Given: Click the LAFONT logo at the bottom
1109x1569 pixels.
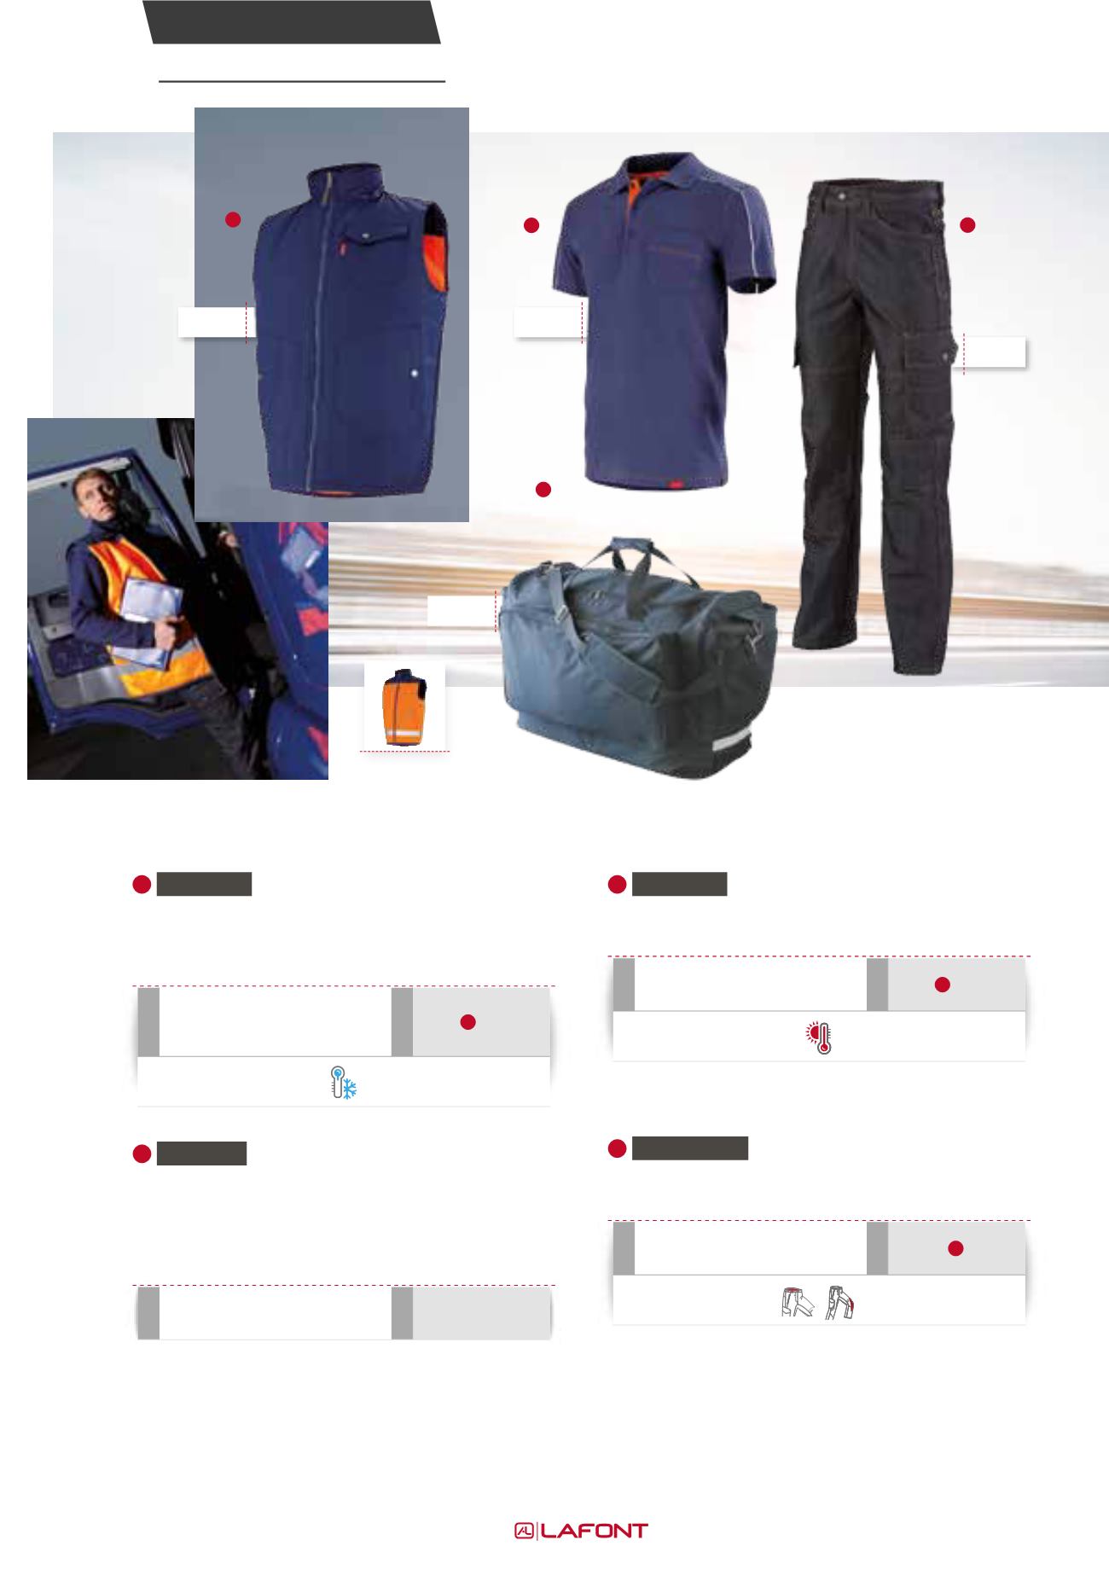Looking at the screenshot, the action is pos(580,1531).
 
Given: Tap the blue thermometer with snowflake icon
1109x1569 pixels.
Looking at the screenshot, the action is pos(344,1082).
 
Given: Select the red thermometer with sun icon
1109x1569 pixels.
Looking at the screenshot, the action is pos(819,1037).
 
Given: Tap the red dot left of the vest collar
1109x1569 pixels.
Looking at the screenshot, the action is pos(231,219).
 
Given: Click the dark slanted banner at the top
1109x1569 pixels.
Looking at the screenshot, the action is pos(291,22).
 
